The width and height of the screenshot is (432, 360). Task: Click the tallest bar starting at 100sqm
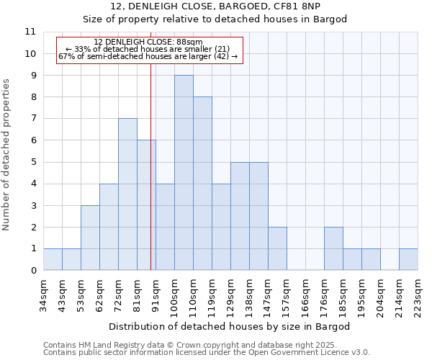[x=184, y=173]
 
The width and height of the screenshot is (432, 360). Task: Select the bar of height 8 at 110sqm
[x=202, y=184]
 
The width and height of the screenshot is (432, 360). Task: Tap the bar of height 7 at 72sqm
[x=127, y=194]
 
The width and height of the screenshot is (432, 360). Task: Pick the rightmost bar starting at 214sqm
[x=408, y=259]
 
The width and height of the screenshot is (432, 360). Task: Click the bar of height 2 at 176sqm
[x=333, y=248]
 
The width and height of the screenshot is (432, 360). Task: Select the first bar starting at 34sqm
[x=53, y=259]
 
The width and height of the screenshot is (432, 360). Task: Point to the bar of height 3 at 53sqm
[x=90, y=238]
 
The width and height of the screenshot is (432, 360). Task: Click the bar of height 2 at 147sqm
[x=277, y=248]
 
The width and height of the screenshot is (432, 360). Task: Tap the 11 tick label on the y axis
[x=30, y=32]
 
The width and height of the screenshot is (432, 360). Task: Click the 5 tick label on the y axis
[x=32, y=162]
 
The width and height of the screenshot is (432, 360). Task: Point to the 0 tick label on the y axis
[x=32, y=271]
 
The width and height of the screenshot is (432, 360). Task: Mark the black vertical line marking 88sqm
[x=150, y=180]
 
